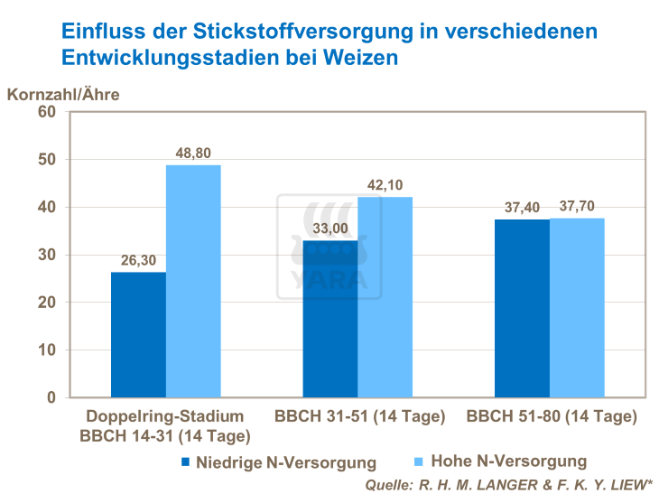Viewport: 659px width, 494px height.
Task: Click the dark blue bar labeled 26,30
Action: (x=138, y=334)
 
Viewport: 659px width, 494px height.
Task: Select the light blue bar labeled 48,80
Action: (x=193, y=281)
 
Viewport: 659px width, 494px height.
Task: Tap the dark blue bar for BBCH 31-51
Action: (x=329, y=319)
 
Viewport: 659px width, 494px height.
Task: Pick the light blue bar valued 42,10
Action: (x=385, y=297)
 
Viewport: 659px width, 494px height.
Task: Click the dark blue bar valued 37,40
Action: (x=522, y=308)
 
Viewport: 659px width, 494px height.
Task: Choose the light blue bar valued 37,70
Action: (x=577, y=307)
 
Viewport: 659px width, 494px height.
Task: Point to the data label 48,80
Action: (x=193, y=154)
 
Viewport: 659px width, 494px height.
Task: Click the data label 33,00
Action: (x=329, y=229)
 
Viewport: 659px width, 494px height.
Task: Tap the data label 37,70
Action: (x=577, y=207)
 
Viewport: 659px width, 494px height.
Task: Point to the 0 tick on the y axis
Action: (x=51, y=397)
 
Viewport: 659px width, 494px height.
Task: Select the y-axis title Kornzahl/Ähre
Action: (x=63, y=92)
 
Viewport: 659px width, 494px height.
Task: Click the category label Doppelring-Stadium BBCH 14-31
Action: (x=165, y=425)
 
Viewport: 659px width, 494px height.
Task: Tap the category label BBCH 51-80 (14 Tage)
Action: (x=551, y=417)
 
